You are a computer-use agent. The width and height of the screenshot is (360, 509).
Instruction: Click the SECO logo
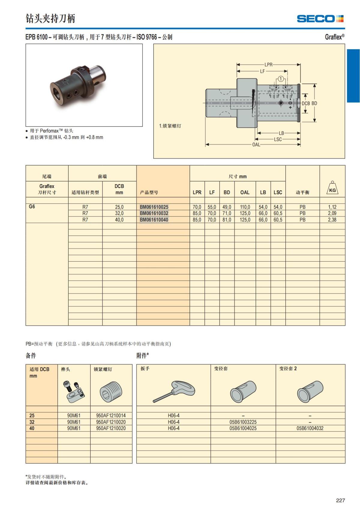click(x=320, y=19)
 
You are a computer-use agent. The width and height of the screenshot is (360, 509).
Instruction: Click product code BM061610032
click(x=154, y=213)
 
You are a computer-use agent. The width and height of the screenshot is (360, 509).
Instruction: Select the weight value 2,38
click(x=332, y=220)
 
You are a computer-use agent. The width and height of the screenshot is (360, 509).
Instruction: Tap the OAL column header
click(x=245, y=192)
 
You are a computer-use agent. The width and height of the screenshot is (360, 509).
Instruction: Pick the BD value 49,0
click(x=227, y=207)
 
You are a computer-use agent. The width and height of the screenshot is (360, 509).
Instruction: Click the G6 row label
click(x=32, y=206)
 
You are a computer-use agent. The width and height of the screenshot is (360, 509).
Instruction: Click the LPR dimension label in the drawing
click(x=268, y=64)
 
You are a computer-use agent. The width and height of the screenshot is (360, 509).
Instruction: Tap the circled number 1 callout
click(x=281, y=79)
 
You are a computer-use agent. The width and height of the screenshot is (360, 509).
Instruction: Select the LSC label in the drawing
click(x=278, y=139)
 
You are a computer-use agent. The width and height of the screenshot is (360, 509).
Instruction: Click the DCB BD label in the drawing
click(x=309, y=103)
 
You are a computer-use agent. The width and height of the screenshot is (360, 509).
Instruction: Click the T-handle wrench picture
click(x=174, y=391)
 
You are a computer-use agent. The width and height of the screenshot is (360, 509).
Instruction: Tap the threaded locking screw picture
click(x=111, y=392)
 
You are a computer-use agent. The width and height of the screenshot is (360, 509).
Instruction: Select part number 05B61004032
click(x=310, y=428)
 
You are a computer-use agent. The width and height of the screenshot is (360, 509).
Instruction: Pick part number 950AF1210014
click(x=111, y=415)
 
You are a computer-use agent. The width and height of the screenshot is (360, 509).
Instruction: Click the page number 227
click(x=340, y=500)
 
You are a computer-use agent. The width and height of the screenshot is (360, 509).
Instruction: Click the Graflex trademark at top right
click(x=334, y=37)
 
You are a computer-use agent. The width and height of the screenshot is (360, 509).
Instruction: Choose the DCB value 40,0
click(x=119, y=220)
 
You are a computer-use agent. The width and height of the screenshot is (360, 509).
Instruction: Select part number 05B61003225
click(x=243, y=422)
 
